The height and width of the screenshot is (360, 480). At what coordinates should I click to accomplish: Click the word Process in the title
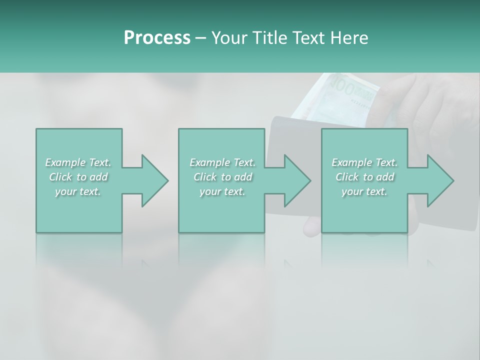pos(157,38)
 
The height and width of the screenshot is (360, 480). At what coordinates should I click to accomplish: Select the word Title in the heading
pos(268,38)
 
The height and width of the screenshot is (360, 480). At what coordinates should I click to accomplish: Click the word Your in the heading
pos(228,38)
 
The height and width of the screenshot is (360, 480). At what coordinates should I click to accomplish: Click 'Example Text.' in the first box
pos(78,162)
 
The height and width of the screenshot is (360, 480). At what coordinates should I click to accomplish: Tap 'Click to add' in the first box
pos(78,177)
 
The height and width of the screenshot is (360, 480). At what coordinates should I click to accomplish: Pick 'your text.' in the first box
pos(78,191)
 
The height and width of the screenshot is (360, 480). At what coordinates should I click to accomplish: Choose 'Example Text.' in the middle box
pos(222,162)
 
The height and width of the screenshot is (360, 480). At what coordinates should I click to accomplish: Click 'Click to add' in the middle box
pos(222,177)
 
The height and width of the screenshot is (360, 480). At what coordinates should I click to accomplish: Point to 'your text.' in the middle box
pos(222,191)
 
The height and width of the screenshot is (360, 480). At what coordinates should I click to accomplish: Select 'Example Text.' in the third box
pos(364,162)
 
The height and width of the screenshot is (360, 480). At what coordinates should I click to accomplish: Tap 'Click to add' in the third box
pos(364,177)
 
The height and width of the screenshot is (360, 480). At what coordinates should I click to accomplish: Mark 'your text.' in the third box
pos(364,191)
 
